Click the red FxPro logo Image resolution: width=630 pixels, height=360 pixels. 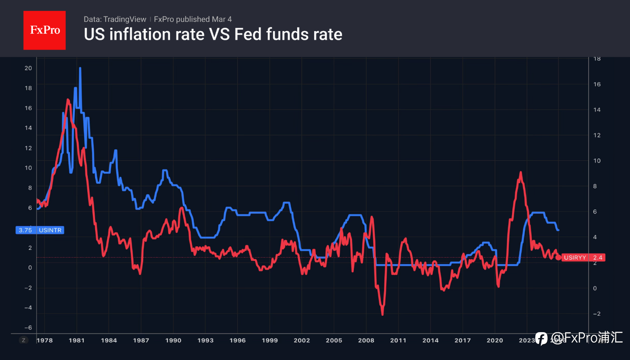pyautogui.click(x=44, y=30)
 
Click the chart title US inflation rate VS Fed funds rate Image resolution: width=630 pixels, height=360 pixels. pyautogui.click(x=213, y=34)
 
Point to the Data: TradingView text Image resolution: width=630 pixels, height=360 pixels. pyautogui.click(x=115, y=19)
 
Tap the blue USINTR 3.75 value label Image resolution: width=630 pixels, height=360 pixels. pyautogui.click(x=40, y=230)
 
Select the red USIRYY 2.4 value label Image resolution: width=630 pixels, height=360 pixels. pyautogui.click(x=583, y=258)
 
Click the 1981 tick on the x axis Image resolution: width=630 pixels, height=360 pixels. pyautogui.click(x=76, y=340)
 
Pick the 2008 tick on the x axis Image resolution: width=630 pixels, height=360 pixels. pyautogui.click(x=366, y=340)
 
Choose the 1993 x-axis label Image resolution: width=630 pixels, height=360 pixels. pyautogui.click(x=205, y=340)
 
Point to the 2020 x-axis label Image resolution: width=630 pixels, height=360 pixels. pyautogui.click(x=495, y=340)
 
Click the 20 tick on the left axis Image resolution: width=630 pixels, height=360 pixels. pyautogui.click(x=28, y=68)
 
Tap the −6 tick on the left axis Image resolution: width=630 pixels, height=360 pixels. pyautogui.click(x=28, y=328)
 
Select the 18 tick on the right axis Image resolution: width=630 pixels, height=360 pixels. pyautogui.click(x=597, y=59)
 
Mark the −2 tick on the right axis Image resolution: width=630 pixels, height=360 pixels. pyautogui.click(x=597, y=314)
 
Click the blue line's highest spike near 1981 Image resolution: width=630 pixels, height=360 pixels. pyautogui.click(x=80, y=69)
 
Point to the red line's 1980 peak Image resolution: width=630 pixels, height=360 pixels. pyautogui.click(x=68, y=100)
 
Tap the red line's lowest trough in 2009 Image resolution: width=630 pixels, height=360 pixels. pyautogui.click(x=382, y=314)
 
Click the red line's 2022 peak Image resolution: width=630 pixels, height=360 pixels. pyautogui.click(x=521, y=173)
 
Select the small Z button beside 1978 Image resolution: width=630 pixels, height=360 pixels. pyautogui.click(x=23, y=340)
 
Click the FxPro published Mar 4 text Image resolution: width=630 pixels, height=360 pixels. pyautogui.click(x=193, y=19)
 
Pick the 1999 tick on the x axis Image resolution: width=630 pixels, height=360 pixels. pyautogui.click(x=269, y=340)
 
